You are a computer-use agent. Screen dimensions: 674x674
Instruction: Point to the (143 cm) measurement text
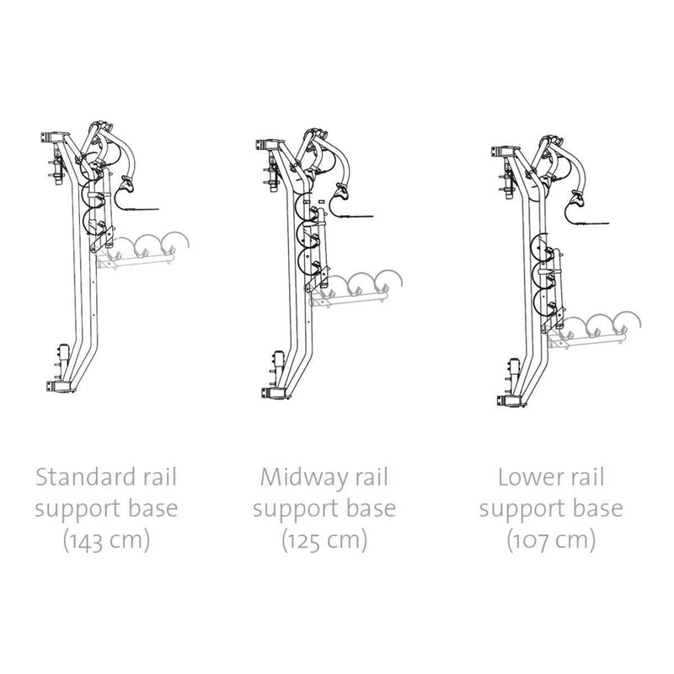click(107, 540)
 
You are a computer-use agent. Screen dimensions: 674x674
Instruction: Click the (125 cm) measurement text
click(324, 540)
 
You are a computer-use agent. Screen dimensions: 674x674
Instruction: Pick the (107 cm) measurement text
click(551, 540)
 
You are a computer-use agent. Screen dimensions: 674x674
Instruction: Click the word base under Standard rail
click(153, 508)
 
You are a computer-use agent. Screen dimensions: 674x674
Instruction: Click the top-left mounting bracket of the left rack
click(54, 136)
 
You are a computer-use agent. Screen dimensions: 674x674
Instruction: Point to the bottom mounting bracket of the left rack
click(58, 386)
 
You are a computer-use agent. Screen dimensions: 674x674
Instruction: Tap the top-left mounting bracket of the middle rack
click(268, 144)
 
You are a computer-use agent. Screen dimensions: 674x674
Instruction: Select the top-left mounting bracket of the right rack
click(504, 152)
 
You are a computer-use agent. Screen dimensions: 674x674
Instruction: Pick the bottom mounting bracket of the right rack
click(510, 401)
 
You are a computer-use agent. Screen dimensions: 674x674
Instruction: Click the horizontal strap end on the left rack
click(144, 209)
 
